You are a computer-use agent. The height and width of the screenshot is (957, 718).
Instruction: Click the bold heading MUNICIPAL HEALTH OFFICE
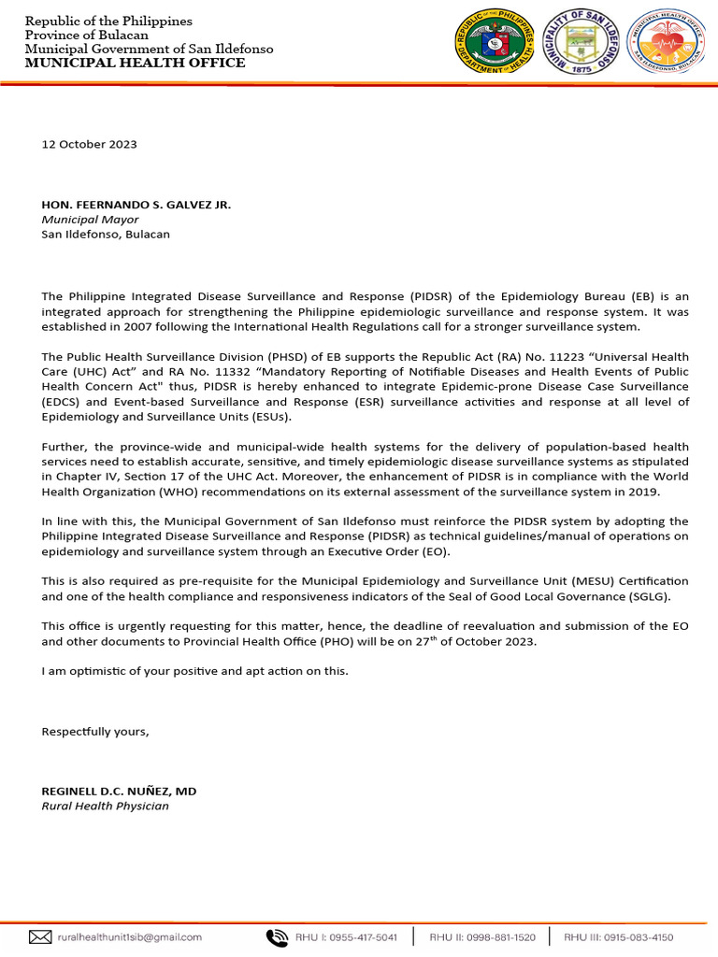(x=135, y=63)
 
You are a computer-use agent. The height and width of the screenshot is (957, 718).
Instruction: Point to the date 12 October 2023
(x=89, y=144)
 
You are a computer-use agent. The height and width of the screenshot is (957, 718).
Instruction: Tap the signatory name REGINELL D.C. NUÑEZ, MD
(x=119, y=791)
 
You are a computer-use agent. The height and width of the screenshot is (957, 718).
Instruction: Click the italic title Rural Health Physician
(x=105, y=806)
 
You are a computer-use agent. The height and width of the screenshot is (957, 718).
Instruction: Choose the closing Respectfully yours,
(x=95, y=731)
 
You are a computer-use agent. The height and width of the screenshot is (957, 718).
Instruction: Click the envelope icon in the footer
(x=39, y=936)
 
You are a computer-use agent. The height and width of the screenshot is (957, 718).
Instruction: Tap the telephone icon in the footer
(x=277, y=936)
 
